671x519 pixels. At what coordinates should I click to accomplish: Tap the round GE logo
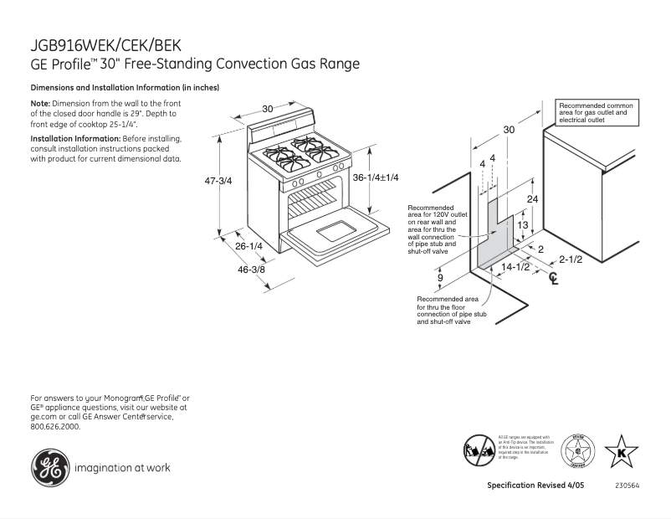(x=49, y=467)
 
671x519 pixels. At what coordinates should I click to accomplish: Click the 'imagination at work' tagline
(x=122, y=468)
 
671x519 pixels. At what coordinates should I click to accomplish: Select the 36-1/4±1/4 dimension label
(x=375, y=177)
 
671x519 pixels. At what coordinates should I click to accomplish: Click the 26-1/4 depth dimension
(x=248, y=246)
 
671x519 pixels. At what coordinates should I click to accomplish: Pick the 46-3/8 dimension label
(x=250, y=269)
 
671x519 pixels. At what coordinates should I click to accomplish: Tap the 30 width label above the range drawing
(x=267, y=109)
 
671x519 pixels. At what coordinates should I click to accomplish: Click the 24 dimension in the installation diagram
(x=532, y=199)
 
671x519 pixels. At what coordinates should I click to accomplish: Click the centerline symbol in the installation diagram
(x=552, y=279)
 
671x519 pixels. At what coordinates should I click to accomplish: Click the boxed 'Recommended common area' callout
(x=596, y=113)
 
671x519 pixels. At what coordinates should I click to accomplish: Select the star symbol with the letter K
(x=621, y=452)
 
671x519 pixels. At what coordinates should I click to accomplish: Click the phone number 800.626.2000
(x=55, y=426)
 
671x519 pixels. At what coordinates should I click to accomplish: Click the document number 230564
(x=628, y=486)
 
